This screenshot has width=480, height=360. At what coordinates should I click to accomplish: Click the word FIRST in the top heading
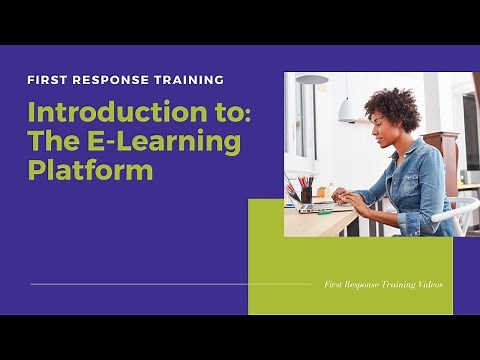(x=47, y=79)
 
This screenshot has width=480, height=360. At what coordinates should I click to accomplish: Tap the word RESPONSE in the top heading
(x=107, y=79)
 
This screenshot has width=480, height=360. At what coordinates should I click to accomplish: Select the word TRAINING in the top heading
(x=187, y=79)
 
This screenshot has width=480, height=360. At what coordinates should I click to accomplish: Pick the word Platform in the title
(x=90, y=170)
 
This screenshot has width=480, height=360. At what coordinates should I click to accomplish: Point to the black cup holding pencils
(x=306, y=194)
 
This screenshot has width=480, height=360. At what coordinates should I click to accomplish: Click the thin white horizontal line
(x=170, y=284)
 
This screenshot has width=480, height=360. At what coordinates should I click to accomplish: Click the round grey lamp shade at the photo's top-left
(x=311, y=79)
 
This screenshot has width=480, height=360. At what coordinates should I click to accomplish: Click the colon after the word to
(x=247, y=110)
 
